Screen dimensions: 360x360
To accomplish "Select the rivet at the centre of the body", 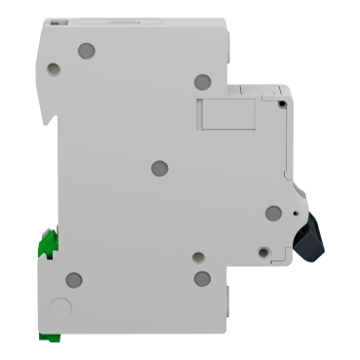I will tap(160, 168).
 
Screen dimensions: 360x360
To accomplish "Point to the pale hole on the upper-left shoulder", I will tap(53, 69).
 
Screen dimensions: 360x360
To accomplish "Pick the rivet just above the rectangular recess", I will tap(201, 82).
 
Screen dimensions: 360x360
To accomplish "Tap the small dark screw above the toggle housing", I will tap(280, 100).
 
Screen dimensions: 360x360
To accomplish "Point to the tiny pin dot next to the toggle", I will tap(292, 208).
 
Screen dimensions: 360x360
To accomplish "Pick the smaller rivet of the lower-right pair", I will tap(198, 259).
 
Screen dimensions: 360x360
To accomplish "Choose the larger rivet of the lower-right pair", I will tap(202, 279).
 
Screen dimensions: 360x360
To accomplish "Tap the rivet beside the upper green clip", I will tap(72, 279).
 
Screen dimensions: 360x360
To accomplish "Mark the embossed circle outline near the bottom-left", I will tap(60, 308).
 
